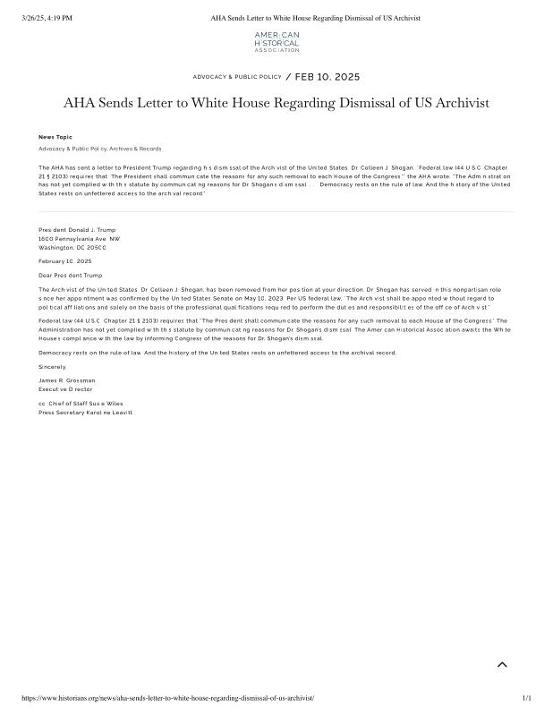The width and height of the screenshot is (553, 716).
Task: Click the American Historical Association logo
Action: coord(276,42)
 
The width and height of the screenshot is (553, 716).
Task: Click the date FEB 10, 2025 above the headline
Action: coord(328,77)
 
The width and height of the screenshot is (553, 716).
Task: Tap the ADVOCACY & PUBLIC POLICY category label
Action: coord(237,77)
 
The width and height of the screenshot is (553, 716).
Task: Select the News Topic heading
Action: coord(55,137)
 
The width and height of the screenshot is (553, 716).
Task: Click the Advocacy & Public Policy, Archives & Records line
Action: coord(99,149)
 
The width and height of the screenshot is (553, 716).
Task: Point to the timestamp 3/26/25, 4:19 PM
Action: coord(47,18)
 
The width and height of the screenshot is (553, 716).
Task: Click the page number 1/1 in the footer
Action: coord(526,698)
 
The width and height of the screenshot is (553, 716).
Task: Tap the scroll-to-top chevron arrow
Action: coord(502,664)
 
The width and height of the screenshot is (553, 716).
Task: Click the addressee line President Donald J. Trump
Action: coord(77,230)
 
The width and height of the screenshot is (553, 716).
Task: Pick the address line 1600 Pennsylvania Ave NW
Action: coord(79,239)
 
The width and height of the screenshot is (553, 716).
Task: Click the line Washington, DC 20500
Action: coord(72,247)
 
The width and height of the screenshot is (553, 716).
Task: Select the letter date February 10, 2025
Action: coord(65,261)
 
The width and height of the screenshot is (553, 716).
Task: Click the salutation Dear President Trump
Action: coord(71,275)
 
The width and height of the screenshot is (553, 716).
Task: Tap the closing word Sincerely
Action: coord(53,367)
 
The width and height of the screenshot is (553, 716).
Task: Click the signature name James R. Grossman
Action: coord(67,380)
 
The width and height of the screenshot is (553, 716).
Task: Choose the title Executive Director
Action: coord(65,389)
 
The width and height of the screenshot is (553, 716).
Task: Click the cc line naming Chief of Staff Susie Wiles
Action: coord(81,404)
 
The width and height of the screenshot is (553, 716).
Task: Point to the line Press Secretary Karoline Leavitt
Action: coord(86,413)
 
